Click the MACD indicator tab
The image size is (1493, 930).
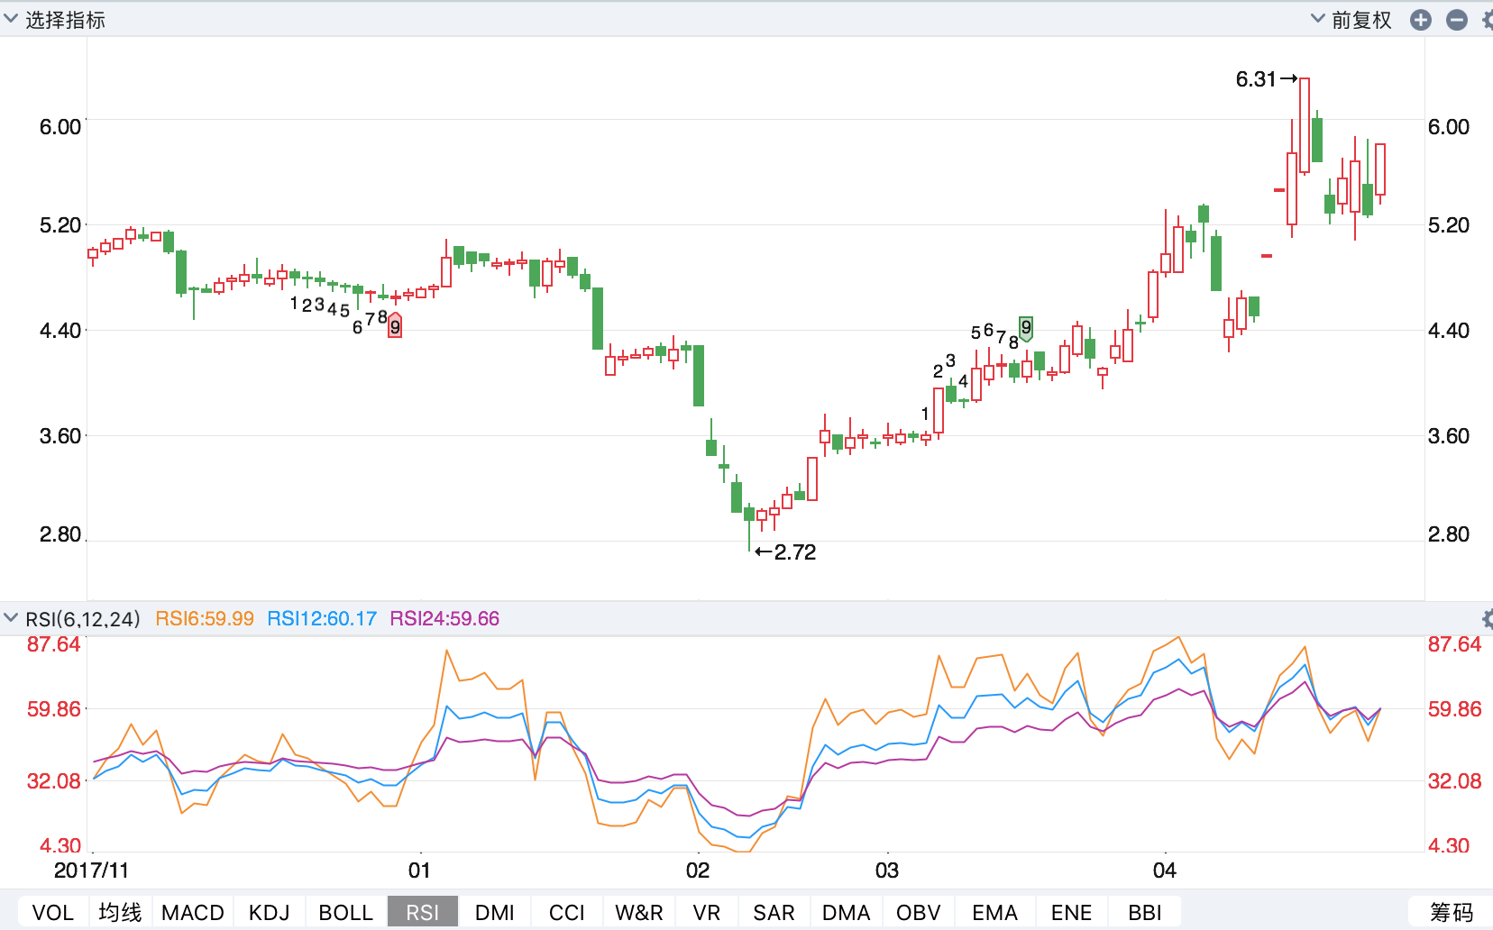pyautogui.click(x=192, y=912)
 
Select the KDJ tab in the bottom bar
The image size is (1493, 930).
pyautogui.click(x=269, y=912)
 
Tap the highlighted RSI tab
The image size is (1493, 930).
pyautogui.click(x=422, y=912)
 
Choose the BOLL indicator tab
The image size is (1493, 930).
pyautogui.click(x=345, y=912)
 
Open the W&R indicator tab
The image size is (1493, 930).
pyautogui.click(x=638, y=912)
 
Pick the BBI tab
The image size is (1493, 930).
pyautogui.click(x=1144, y=912)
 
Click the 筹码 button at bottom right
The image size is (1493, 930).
pyautogui.click(x=1451, y=912)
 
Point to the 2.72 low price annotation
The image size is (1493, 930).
pyautogui.click(x=794, y=552)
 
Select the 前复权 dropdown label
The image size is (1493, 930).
pyautogui.click(x=1360, y=20)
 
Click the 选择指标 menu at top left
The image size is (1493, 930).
pyautogui.click(x=64, y=20)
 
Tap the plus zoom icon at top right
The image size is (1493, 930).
pyautogui.click(x=1421, y=20)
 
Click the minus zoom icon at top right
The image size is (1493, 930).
pyautogui.click(x=1457, y=20)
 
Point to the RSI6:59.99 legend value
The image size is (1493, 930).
pyautogui.click(x=205, y=619)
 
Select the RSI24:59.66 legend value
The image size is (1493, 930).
pyautogui.click(x=444, y=619)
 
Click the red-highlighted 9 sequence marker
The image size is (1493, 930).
pyautogui.click(x=395, y=326)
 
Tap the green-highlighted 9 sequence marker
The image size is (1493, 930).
pyautogui.click(x=1026, y=327)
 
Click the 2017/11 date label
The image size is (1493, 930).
pyautogui.click(x=91, y=871)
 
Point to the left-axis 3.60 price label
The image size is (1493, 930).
pyautogui.click(x=60, y=436)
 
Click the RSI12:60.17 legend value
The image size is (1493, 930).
pyautogui.click(x=322, y=619)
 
